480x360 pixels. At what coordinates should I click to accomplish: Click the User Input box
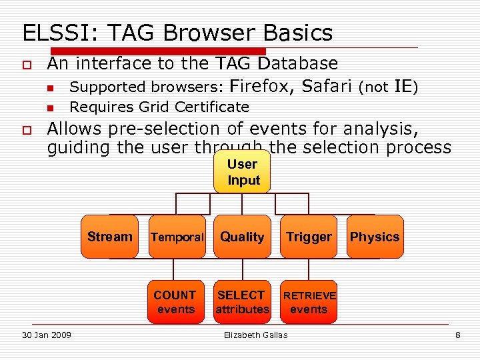click(x=242, y=172)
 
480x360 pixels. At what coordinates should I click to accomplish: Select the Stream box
click(x=109, y=237)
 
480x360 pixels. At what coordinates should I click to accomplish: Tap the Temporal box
click(x=176, y=237)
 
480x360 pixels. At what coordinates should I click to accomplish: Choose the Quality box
click(x=242, y=237)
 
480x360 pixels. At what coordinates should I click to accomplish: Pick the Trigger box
click(x=309, y=237)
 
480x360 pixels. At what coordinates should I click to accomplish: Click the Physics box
click(x=375, y=237)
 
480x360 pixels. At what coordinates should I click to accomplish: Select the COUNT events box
click(x=175, y=302)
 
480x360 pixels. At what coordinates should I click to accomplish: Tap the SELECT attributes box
click(x=242, y=302)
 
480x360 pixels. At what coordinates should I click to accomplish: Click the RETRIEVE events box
click(x=309, y=302)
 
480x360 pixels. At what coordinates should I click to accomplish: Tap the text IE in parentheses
click(x=402, y=87)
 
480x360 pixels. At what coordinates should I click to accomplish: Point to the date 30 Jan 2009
click(x=46, y=335)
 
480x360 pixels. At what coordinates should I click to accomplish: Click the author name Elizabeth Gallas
click(x=255, y=335)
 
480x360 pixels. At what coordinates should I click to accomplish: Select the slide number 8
click(x=457, y=335)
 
